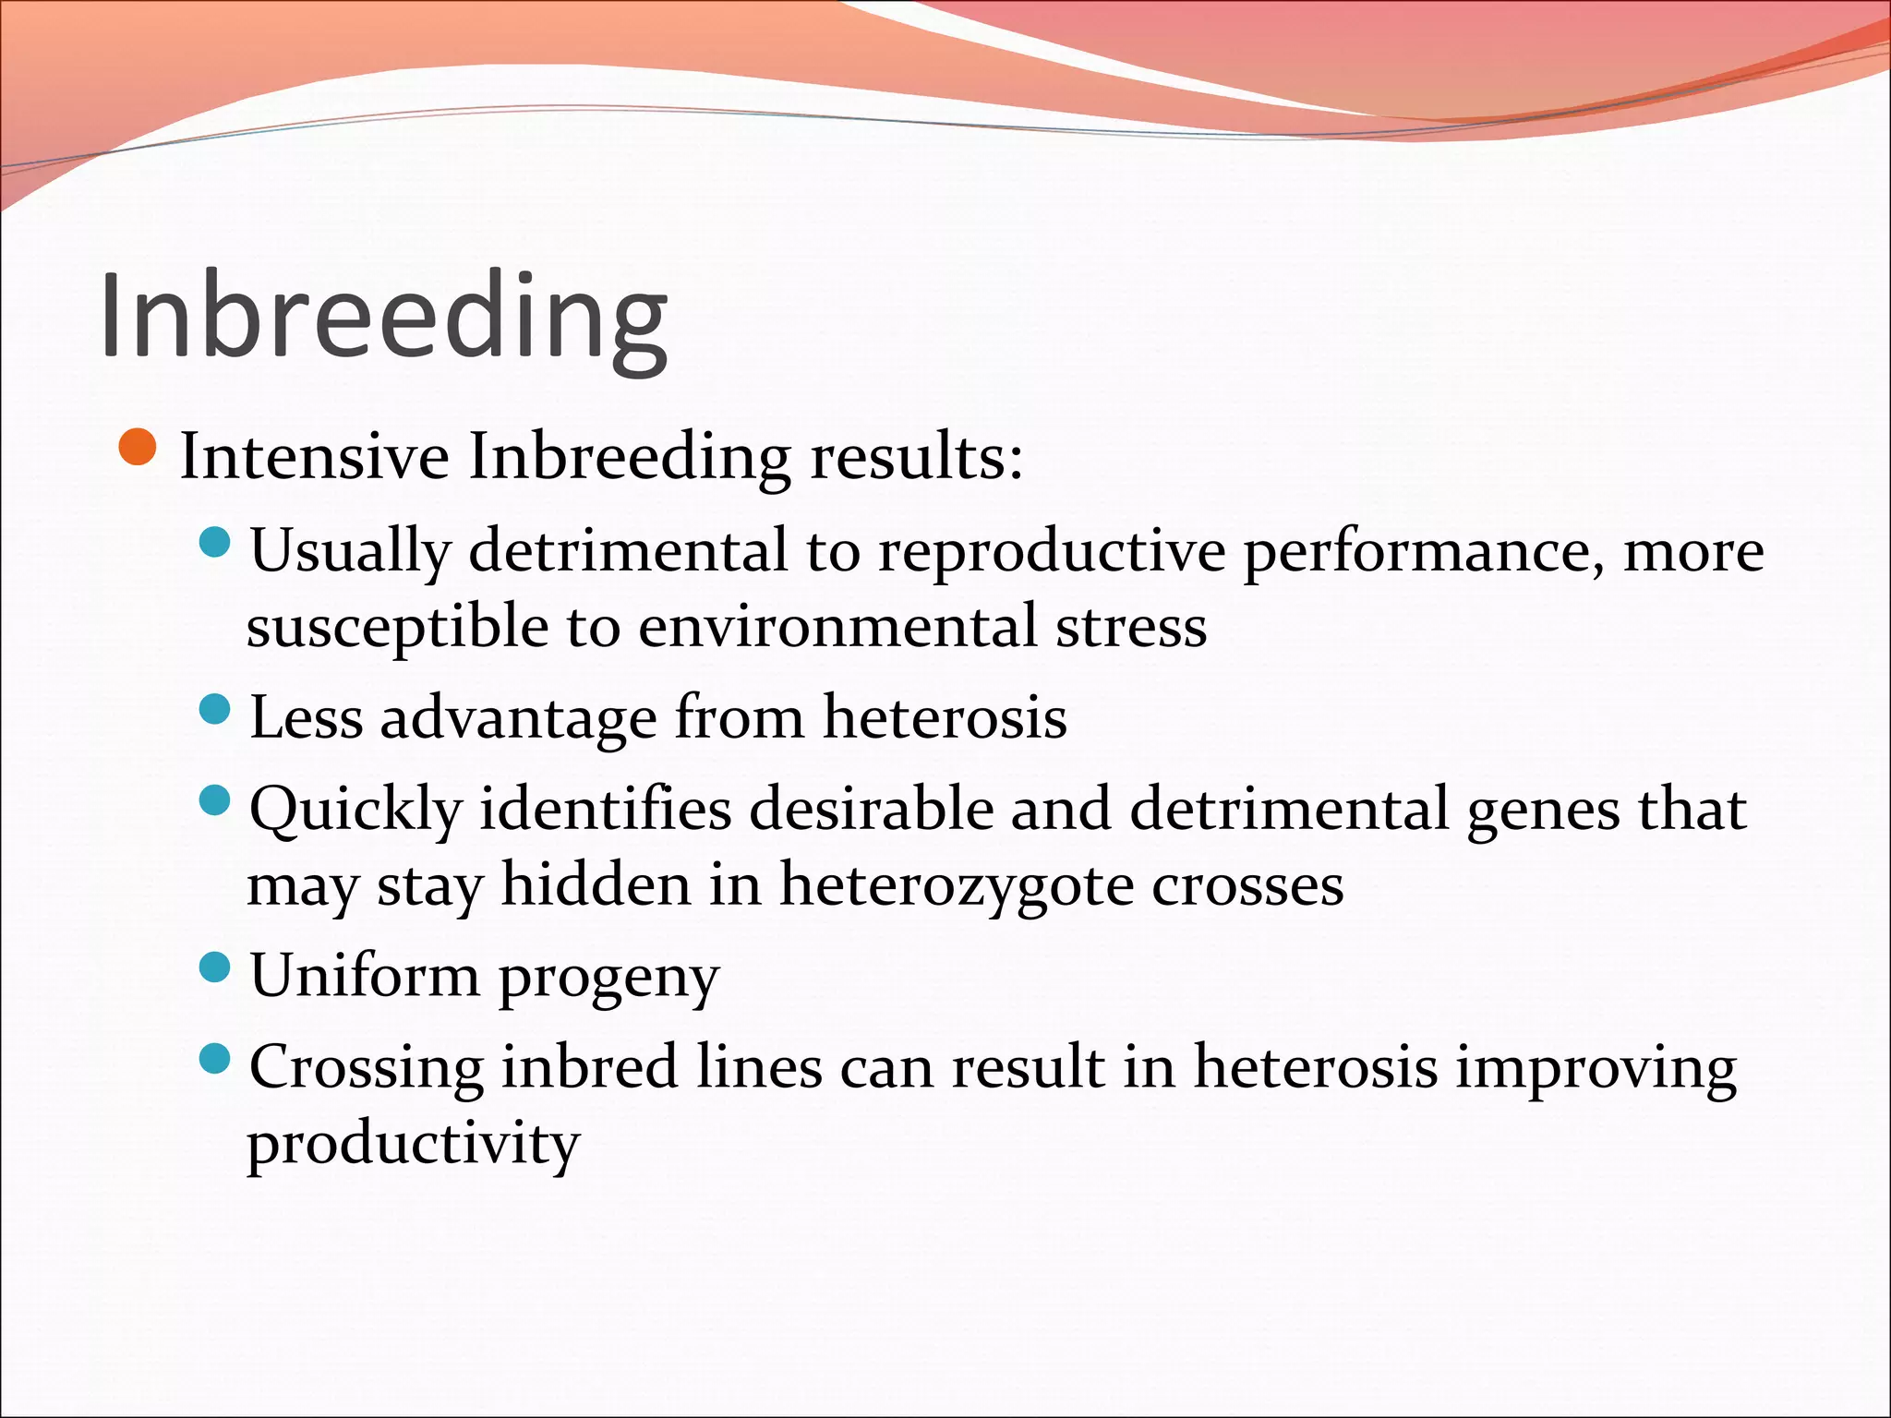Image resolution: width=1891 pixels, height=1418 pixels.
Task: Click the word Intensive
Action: click(314, 456)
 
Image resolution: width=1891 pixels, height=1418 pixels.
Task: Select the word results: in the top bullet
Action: click(916, 456)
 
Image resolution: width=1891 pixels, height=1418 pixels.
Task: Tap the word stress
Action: click(1130, 627)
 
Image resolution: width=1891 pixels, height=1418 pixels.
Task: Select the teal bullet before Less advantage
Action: click(214, 710)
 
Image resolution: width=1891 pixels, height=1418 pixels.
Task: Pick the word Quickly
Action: click(355, 811)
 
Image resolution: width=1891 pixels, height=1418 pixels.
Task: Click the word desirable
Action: click(871, 810)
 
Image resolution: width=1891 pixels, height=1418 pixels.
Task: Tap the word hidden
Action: click(596, 884)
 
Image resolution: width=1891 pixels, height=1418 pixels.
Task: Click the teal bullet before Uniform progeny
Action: click(214, 967)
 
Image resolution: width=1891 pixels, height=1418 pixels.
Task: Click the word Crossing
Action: click(367, 1068)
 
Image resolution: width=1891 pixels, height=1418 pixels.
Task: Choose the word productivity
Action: click(413, 1145)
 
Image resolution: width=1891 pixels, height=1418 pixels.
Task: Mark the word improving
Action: click(1596, 1068)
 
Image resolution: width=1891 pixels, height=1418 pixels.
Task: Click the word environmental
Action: click(837, 627)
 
